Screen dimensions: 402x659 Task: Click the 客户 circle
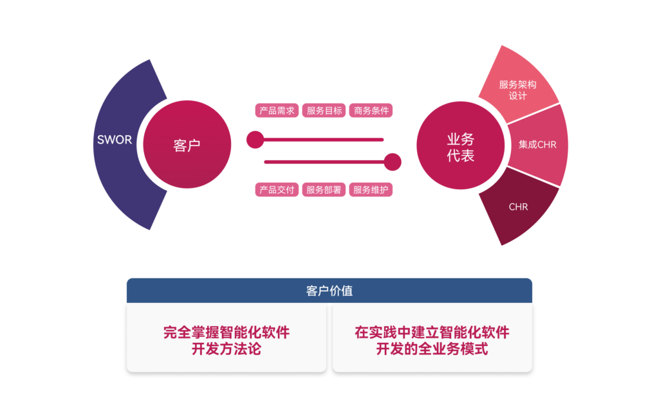187,145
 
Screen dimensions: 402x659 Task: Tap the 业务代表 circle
461,146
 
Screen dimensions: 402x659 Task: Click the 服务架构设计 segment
519,89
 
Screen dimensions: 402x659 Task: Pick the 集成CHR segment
538,145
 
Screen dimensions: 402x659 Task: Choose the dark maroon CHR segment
519,207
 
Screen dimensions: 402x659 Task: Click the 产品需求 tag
277,111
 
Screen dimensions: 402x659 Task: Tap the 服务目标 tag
324,111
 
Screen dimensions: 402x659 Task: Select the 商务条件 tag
371,111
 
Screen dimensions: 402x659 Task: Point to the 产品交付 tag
277,190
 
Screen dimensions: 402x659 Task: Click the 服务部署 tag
324,190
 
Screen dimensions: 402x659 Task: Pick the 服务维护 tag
371,190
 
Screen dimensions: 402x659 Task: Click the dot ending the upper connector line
255,139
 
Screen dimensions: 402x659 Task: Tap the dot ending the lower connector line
393,162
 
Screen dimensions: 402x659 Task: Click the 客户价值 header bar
329,291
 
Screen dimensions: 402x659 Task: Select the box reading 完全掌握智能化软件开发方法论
227,338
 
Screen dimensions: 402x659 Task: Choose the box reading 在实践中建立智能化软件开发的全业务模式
432,338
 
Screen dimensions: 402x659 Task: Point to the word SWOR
115,140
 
